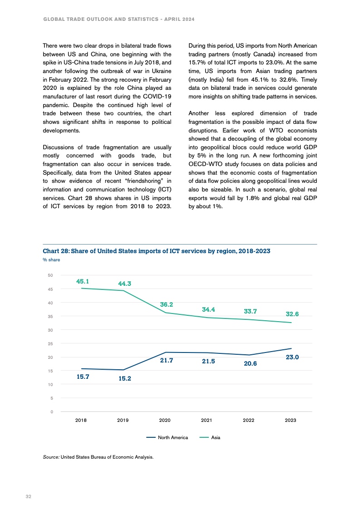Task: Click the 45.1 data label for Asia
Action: tap(82, 281)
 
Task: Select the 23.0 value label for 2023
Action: tap(292, 357)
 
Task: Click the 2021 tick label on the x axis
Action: tap(207, 421)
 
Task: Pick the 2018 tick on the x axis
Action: tap(81, 421)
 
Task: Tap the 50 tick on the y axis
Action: tap(50, 275)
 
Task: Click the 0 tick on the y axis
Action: tap(52, 412)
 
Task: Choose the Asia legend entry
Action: tap(216, 438)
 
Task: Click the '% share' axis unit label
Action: tap(51, 260)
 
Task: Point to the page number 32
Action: tap(28, 497)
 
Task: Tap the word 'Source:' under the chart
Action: tap(51, 457)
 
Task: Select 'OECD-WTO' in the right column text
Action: tap(203, 164)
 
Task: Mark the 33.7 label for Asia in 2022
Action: tap(250, 311)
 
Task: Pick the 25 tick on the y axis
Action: tap(50, 343)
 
